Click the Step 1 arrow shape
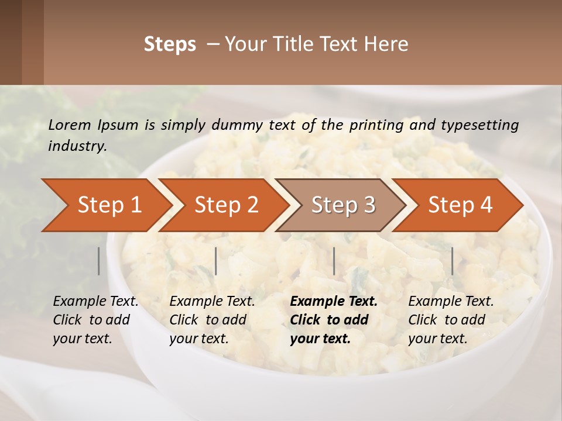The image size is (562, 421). (x=105, y=205)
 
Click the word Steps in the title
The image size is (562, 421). (x=170, y=44)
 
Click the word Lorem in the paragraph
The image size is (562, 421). (x=70, y=125)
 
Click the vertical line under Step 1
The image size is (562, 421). (x=99, y=261)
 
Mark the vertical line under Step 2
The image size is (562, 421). (x=216, y=261)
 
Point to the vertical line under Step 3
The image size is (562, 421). (x=334, y=261)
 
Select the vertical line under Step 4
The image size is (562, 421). (x=452, y=261)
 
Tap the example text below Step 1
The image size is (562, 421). (x=95, y=320)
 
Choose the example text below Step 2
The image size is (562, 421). (x=212, y=320)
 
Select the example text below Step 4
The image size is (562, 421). (x=451, y=320)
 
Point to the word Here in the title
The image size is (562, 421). (x=389, y=44)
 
